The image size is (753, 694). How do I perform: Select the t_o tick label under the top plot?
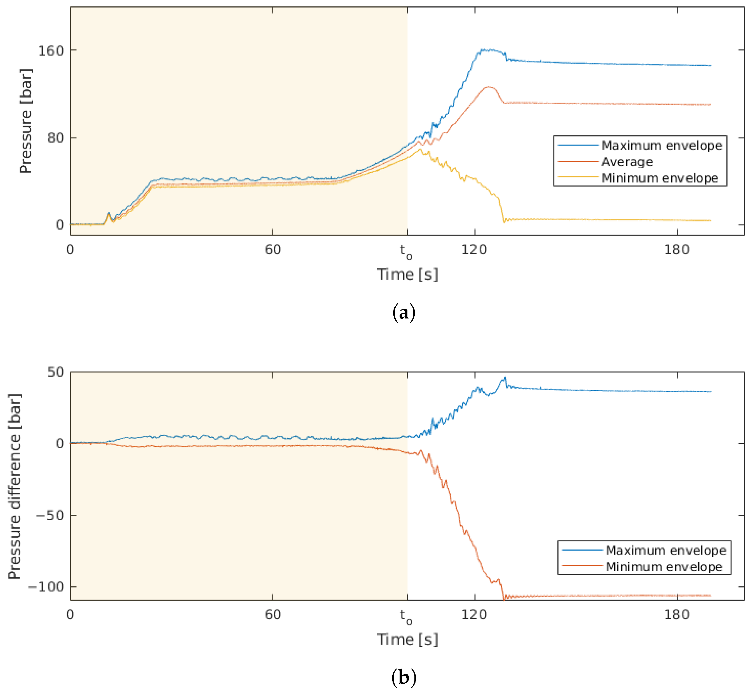pyautogui.click(x=406, y=251)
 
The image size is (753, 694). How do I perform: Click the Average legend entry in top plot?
pyautogui.click(x=627, y=162)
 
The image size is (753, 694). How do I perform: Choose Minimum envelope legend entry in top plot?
pyautogui.click(x=660, y=178)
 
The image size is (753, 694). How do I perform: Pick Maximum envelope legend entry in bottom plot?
pyautogui.click(x=666, y=550)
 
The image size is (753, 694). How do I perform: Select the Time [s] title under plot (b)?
pyautogui.click(x=407, y=639)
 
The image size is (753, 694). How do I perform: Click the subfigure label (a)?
pyautogui.click(x=404, y=313)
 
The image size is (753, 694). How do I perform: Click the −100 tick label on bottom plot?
pyautogui.click(x=46, y=587)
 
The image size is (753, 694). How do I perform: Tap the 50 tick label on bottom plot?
pyautogui.click(x=56, y=372)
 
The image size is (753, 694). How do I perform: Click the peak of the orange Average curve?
pyautogui.click(x=489, y=87)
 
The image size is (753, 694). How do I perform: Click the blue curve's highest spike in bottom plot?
pyautogui.click(x=505, y=377)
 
